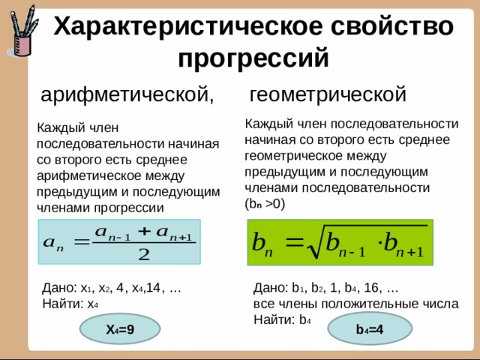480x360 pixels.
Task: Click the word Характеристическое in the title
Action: coord(187,27)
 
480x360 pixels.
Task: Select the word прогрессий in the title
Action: coord(253,58)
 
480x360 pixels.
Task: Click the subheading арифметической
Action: coord(127,94)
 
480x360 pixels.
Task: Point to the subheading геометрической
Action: coord(328,94)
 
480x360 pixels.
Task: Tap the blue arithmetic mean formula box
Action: coord(119,241)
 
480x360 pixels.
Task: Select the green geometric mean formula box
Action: coord(340,242)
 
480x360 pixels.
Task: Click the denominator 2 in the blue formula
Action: coord(144,254)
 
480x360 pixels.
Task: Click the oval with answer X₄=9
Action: coord(120,329)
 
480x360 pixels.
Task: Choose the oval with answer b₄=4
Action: coord(370,329)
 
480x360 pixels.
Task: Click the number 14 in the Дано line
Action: coord(153,288)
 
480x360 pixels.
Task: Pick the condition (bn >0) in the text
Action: coord(265,204)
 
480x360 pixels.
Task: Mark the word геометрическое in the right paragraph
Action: coord(295,156)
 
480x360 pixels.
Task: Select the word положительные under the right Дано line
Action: coord(370,304)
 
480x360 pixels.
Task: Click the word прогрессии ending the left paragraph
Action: coord(129,208)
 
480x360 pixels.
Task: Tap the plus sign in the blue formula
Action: coord(145,232)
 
